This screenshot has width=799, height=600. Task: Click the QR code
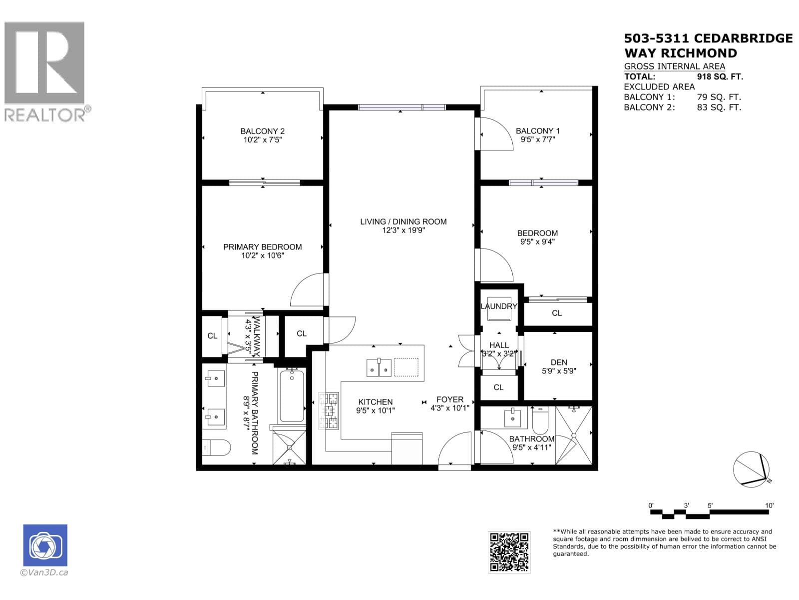tap(509, 551)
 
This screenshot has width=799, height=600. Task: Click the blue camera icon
tap(45, 545)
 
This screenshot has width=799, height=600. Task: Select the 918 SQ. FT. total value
tap(720, 76)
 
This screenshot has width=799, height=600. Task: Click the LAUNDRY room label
tap(498, 306)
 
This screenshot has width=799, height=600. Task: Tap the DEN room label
tap(559, 362)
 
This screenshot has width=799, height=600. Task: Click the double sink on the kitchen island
tap(380, 367)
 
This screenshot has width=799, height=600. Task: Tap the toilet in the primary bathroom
tap(216, 446)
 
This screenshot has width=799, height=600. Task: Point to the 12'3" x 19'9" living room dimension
tap(403, 230)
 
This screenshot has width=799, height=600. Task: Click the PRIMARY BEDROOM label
tap(262, 247)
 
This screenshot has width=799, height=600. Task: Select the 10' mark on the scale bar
tap(769, 506)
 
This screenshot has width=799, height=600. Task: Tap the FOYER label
tap(449, 399)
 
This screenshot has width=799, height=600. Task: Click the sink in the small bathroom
tap(513, 417)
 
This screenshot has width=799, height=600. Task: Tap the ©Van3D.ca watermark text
tap(44, 572)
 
